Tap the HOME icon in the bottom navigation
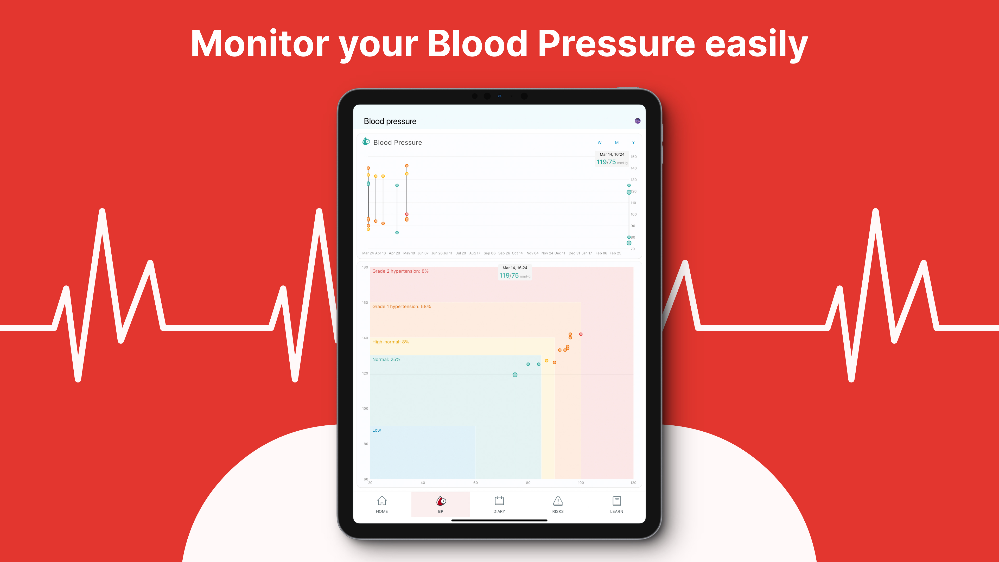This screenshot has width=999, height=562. point(381,500)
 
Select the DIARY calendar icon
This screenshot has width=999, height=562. point(499,500)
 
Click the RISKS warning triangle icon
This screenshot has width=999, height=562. point(558,501)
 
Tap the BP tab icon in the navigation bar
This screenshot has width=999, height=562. point(441,501)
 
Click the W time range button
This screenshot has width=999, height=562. point(600,142)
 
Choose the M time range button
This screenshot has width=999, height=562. point(617,142)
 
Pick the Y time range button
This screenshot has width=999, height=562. point(633,142)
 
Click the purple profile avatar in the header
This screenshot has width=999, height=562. point(638,121)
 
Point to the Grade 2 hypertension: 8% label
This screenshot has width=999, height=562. point(400,271)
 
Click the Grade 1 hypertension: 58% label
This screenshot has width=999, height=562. point(401,306)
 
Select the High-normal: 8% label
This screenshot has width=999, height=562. point(391,342)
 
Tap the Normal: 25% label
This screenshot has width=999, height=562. point(386,360)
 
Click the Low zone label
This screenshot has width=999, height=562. point(377,430)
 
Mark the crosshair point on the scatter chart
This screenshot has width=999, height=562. point(515,375)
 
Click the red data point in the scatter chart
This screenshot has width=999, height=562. point(581,334)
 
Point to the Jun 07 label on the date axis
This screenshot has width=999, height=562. point(423,253)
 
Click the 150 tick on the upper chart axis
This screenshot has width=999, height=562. point(633,157)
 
